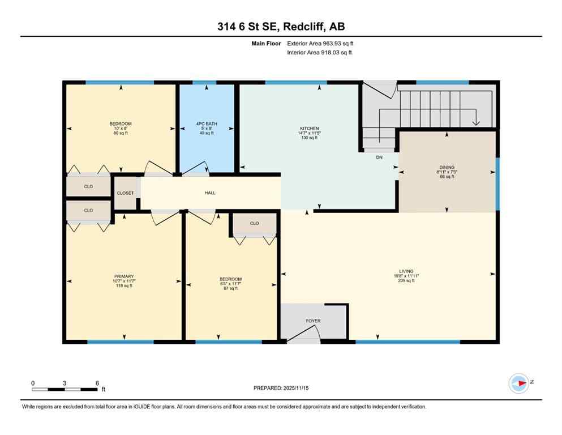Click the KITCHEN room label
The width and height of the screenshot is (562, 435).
309,129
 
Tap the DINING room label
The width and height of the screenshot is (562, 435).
447,167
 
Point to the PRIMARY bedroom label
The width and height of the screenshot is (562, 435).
123,276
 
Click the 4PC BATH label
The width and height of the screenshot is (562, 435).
207,124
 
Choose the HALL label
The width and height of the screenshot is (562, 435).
210,193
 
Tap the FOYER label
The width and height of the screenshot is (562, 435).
313,321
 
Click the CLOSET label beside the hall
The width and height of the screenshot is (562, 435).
125,193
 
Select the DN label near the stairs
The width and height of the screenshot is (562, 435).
379,157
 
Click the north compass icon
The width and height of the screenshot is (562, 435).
518,383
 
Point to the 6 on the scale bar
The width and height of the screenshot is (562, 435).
97,383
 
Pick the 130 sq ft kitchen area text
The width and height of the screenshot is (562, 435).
309,138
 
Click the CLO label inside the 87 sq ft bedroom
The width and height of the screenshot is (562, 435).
254,223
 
